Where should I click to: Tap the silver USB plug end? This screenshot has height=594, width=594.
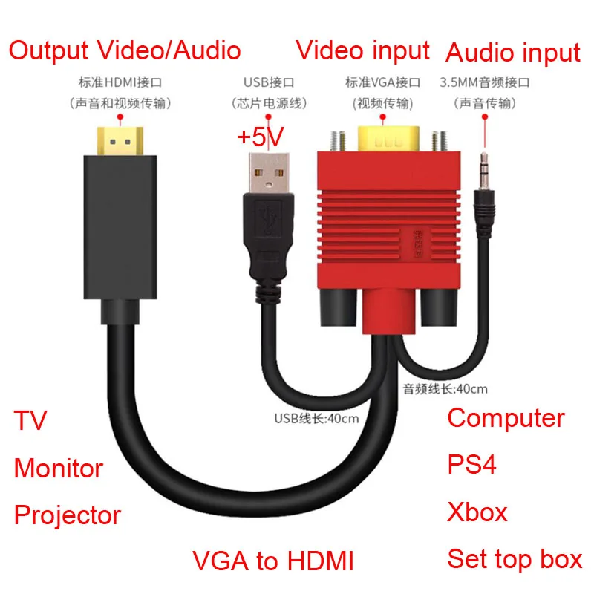[266, 174]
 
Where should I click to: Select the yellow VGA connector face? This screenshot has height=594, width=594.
[389, 139]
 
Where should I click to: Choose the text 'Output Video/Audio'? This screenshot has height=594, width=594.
[125, 50]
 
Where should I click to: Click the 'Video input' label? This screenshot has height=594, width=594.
[362, 50]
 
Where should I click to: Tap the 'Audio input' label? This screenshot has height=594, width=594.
[512, 53]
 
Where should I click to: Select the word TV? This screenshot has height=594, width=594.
[30, 421]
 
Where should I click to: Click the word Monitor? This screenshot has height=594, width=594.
[59, 469]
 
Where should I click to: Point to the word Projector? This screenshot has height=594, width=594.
[68, 515]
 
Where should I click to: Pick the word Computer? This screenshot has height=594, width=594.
[506, 418]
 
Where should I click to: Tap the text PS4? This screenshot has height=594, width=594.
[472, 465]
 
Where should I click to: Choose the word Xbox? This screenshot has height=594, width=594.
[477, 512]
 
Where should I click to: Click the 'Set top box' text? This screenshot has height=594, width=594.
[515, 558]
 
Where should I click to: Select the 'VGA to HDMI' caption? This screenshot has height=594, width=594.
[272, 561]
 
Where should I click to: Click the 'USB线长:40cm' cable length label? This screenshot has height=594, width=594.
[316, 417]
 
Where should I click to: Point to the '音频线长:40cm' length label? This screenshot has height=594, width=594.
[446, 388]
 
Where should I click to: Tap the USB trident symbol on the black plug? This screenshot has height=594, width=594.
[267, 218]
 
